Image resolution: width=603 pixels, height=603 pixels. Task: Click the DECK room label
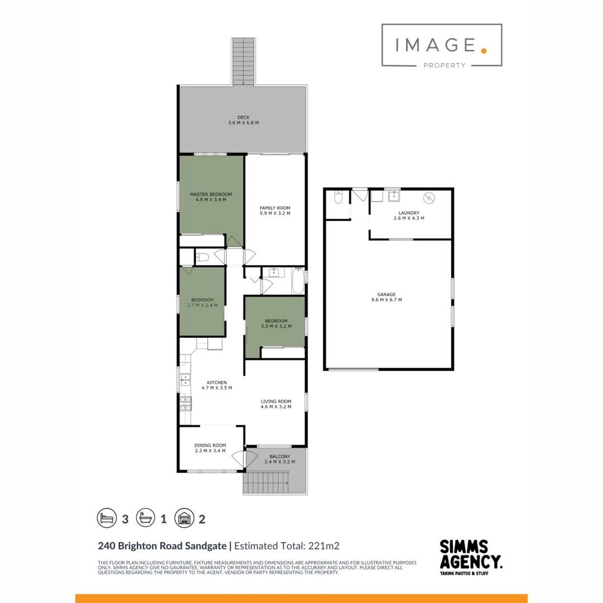coord(243,117)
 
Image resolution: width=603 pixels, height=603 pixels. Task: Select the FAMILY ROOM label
coord(275,208)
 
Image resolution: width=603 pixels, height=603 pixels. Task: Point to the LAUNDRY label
coord(409,213)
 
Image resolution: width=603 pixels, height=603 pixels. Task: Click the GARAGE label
coord(386,294)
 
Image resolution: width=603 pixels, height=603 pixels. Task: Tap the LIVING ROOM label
coord(276,401)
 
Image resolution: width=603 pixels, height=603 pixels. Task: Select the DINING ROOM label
coord(210,446)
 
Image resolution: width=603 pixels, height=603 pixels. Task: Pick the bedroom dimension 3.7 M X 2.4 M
coord(202,305)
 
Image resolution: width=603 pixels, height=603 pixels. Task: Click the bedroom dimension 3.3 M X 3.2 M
coord(276,326)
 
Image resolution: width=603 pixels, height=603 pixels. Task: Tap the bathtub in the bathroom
coord(298,281)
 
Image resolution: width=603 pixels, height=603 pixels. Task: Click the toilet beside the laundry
coord(338,199)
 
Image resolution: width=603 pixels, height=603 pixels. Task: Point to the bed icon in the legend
coord(106,518)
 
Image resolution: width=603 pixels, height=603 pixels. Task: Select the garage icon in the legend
coord(183,518)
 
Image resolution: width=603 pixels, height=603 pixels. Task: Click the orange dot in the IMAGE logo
coord(484,50)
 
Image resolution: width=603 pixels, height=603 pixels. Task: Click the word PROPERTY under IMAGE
coord(444,65)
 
